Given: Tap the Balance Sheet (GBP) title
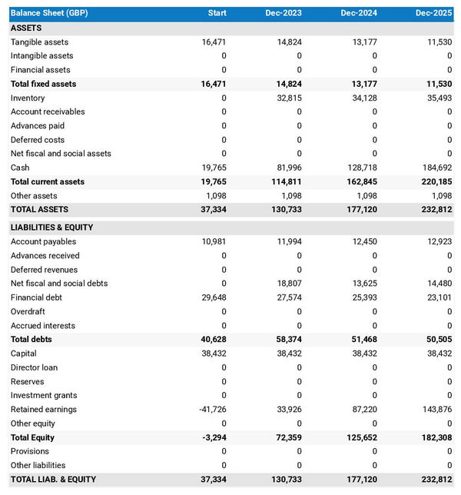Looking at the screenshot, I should click(48, 13).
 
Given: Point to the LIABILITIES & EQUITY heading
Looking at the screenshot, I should click(53, 228).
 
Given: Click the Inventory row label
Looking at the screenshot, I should click(28, 98).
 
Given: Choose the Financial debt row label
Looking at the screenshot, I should click(36, 297).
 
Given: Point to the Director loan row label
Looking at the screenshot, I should click(34, 367).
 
